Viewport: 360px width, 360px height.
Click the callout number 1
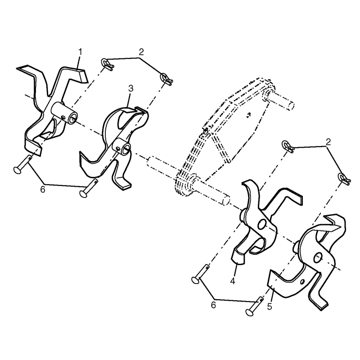click(x=80, y=52)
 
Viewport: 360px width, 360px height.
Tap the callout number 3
click(x=130, y=88)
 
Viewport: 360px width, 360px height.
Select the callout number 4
click(x=233, y=281)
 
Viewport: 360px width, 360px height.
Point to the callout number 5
click(x=270, y=306)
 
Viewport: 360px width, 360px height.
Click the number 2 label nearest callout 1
click(x=141, y=52)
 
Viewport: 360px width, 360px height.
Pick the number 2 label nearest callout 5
click(x=328, y=142)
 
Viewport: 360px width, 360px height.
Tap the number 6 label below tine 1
click(x=43, y=189)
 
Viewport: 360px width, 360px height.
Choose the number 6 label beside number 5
click(x=213, y=305)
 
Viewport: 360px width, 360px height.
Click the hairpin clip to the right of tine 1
click(x=107, y=64)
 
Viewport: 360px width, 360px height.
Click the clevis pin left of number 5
click(x=255, y=306)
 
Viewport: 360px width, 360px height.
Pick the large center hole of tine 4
click(x=261, y=224)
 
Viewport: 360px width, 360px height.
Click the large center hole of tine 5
click(x=318, y=257)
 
